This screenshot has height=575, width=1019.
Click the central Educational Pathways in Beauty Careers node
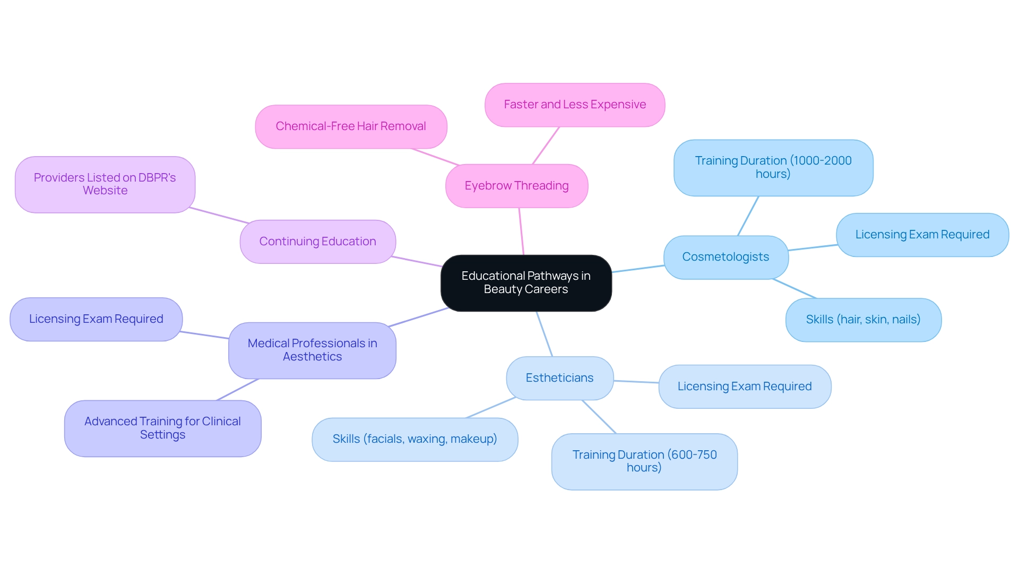pyautogui.click(x=526, y=283)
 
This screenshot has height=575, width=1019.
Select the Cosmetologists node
pyautogui.click(x=726, y=257)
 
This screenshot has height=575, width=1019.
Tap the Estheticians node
pyautogui.click(x=559, y=378)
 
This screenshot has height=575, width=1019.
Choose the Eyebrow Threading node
pyautogui.click(x=516, y=186)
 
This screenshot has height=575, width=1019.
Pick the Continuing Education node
pyautogui.click(x=317, y=242)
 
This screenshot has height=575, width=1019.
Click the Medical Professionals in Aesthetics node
pyautogui.click(x=312, y=350)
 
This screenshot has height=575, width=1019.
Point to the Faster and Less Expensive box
pyautogui.click(x=575, y=105)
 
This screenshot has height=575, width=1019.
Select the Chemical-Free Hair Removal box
pyautogui.click(x=351, y=126)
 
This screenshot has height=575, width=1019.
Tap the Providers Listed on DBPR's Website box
pyautogui.click(x=105, y=184)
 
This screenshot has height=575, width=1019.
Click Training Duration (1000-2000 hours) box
pyautogui.click(x=773, y=168)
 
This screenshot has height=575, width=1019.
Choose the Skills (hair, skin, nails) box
pyautogui.click(x=863, y=320)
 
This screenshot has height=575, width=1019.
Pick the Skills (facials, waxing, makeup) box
pyautogui.click(x=414, y=439)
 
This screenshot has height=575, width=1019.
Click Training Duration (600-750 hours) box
pyautogui.click(x=644, y=461)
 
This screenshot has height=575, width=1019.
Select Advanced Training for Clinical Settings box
pyautogui.click(x=162, y=428)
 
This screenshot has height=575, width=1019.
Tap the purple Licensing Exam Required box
pyautogui.click(x=96, y=319)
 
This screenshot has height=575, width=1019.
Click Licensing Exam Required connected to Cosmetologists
pyautogui.click(x=922, y=235)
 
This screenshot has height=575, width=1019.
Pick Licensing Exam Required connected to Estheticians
pyautogui.click(x=745, y=387)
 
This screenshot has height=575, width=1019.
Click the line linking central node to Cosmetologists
pyautogui.click(x=638, y=269)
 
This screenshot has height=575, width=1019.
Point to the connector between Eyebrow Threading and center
pyautogui.click(x=522, y=231)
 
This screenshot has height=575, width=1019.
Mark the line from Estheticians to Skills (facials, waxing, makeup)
pyautogui.click(x=491, y=408)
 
